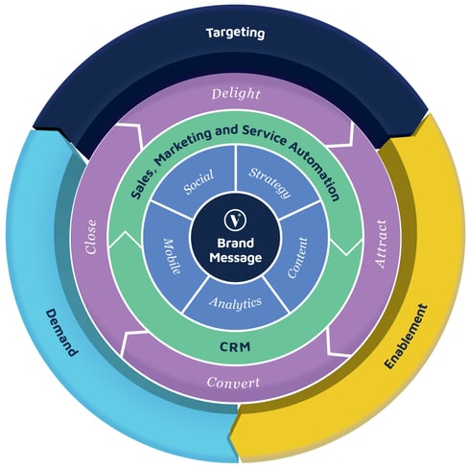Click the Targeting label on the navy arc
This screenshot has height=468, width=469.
coord(235,34)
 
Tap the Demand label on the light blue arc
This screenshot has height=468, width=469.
coord(61,333)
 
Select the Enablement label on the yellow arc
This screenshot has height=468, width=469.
coord(406,337)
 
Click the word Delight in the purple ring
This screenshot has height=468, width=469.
coord(236,94)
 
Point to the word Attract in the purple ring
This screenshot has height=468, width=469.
coord(381,244)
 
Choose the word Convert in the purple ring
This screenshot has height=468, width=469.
coord(233,382)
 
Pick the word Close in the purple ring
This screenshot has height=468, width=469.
coord(90,237)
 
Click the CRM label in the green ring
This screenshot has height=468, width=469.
coord(235,346)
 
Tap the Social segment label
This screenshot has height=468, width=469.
coord(199,182)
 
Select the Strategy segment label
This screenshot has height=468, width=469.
coord(270,182)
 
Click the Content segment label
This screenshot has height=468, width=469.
coord(297,258)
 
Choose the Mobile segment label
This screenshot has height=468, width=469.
coord(173,256)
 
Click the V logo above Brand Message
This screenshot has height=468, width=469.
coord(235,220)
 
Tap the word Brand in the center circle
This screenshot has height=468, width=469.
coord(235,243)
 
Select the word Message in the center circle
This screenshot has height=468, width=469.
coord(235,258)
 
